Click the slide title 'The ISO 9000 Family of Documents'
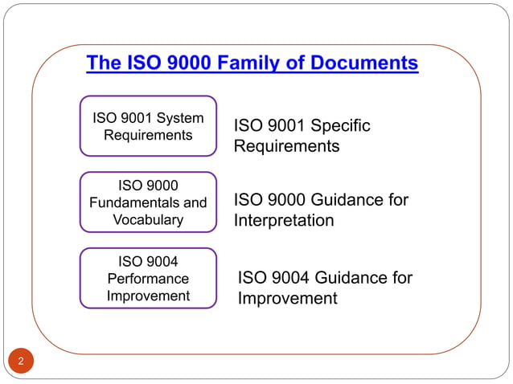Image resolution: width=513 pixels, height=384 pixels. [x=252, y=63]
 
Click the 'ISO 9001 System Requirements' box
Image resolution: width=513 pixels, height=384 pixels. [x=148, y=126]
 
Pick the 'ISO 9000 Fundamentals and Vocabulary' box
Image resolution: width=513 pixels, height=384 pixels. [x=148, y=202]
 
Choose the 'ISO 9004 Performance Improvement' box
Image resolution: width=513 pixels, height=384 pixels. [x=148, y=278]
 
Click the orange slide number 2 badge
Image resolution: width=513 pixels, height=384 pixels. [x=21, y=361]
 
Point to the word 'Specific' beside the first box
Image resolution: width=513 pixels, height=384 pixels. [x=340, y=126]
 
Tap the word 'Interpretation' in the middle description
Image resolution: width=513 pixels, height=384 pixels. [x=283, y=220]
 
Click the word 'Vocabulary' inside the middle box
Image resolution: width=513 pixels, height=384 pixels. [x=148, y=219]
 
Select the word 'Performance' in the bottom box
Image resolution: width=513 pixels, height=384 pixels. [x=148, y=278]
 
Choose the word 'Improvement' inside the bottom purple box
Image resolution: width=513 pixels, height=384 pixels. [x=148, y=296]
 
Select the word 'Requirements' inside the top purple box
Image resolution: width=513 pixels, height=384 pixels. [x=148, y=135]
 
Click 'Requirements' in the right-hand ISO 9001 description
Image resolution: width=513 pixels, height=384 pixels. [x=286, y=146]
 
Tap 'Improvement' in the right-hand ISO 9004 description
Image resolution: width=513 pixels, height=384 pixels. [x=287, y=299]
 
